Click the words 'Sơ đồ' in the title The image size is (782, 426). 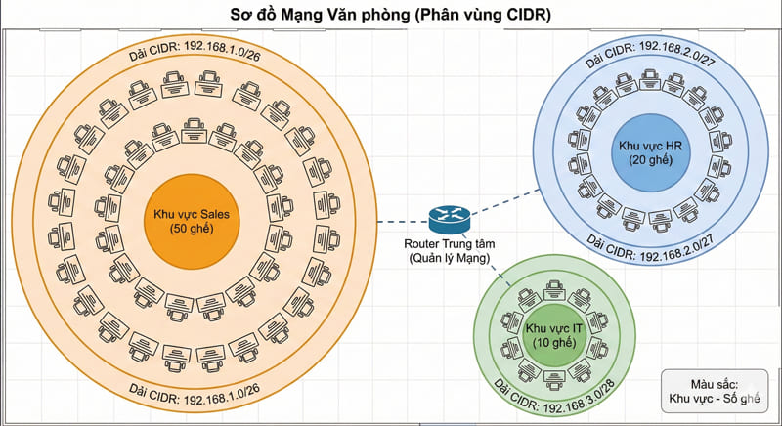click(248, 15)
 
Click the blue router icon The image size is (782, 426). click(449, 218)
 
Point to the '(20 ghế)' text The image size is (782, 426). click(651, 159)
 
